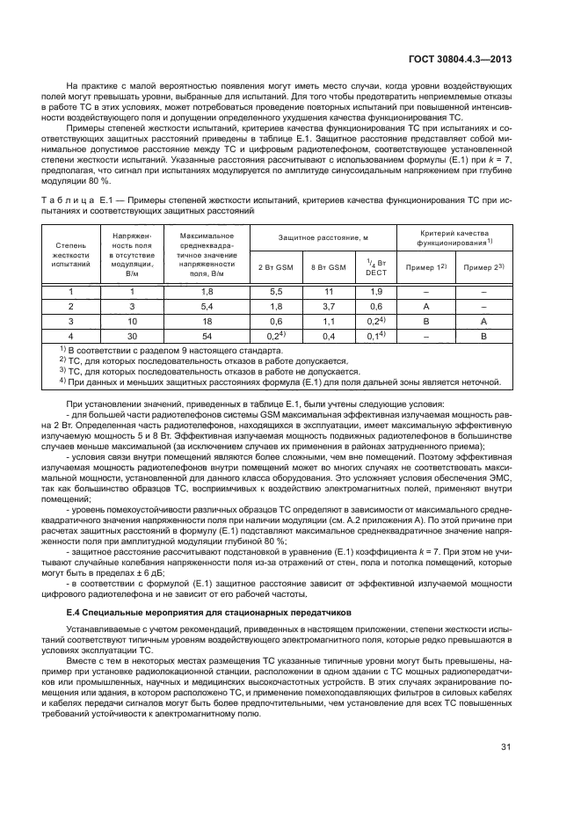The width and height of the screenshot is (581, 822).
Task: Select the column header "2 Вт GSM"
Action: click(277, 266)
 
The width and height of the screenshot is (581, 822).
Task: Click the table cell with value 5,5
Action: click(276, 291)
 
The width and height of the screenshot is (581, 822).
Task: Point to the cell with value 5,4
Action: click(207, 306)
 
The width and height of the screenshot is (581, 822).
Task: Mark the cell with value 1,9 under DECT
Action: click(375, 291)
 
